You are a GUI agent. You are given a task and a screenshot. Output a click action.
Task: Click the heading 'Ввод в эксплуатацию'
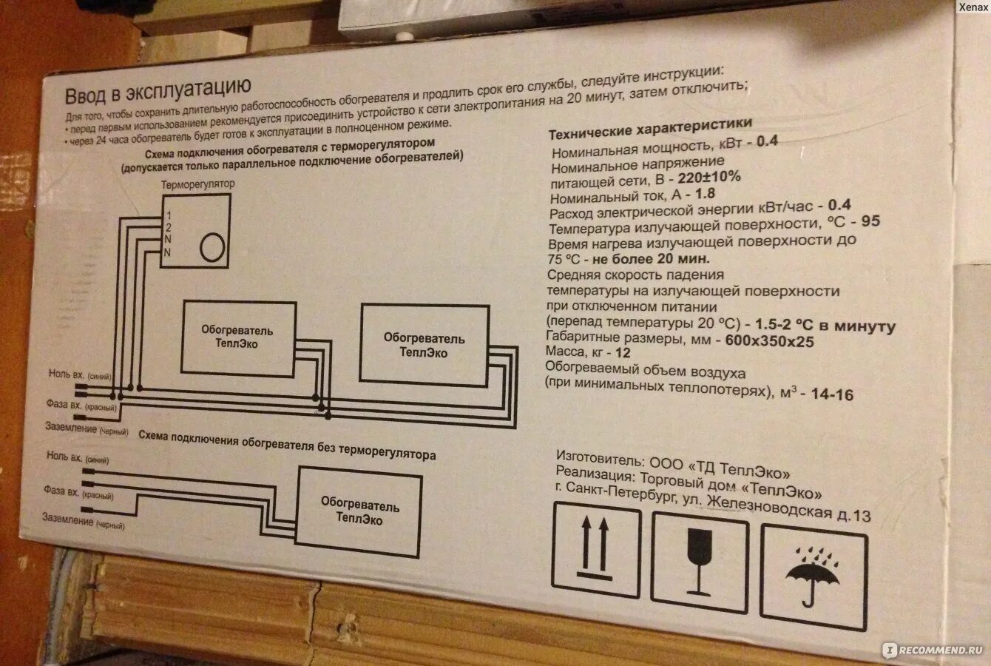coord(158,92)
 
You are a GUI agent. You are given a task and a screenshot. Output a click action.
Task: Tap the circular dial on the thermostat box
coord(213,246)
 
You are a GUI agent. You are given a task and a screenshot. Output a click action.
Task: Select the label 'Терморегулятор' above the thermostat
coord(197,184)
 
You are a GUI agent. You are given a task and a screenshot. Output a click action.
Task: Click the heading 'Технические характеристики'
coord(650,128)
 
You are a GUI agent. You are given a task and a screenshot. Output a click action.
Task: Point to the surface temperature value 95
coord(870,221)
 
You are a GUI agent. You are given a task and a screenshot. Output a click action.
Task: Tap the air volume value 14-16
coord(831,394)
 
